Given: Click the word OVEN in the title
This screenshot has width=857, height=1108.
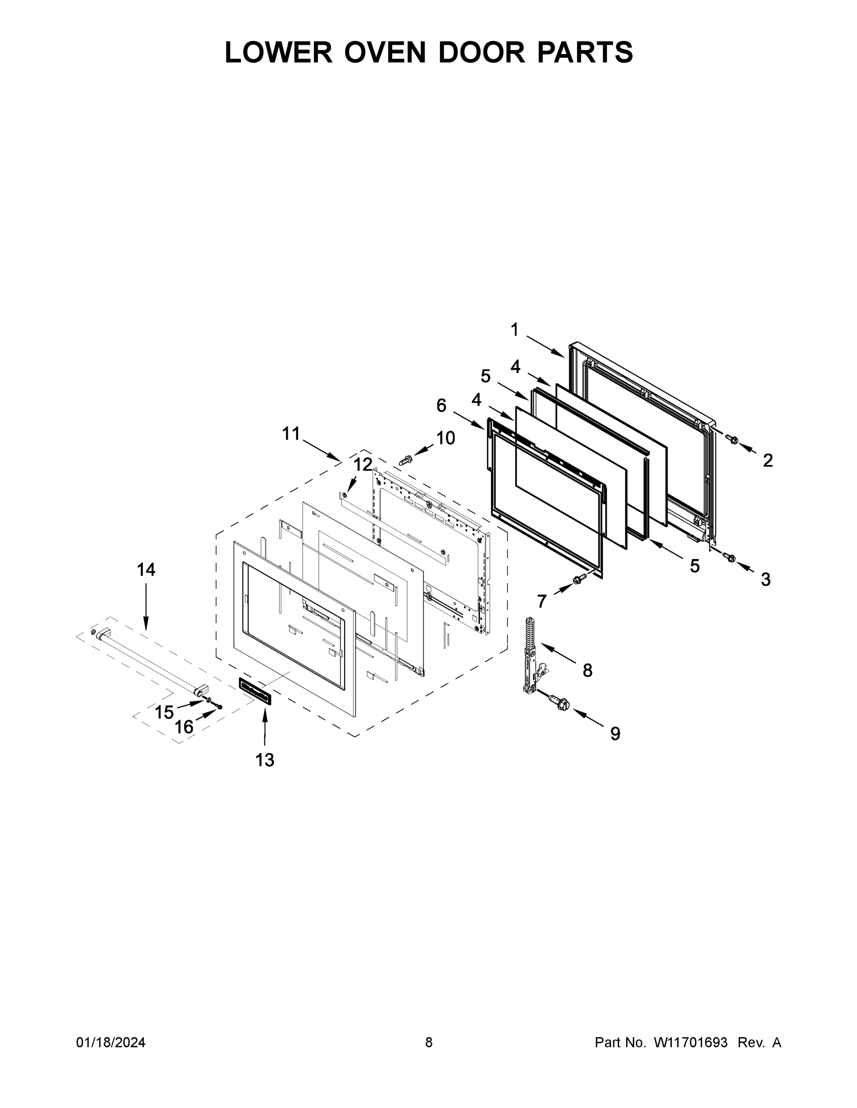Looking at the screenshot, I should [385, 52].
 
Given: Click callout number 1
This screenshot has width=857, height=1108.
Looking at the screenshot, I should [514, 330].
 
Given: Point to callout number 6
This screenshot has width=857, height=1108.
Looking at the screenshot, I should [441, 405].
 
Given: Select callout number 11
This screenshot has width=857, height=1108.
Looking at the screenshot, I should [291, 434].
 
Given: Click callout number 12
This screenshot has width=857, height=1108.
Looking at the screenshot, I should [363, 464].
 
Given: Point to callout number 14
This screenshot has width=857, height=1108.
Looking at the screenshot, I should [146, 570].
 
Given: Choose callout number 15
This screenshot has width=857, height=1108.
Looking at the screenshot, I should [164, 712].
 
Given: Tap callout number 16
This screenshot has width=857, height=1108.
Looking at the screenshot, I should [184, 727].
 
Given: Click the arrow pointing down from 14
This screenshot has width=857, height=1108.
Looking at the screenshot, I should [146, 606].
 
